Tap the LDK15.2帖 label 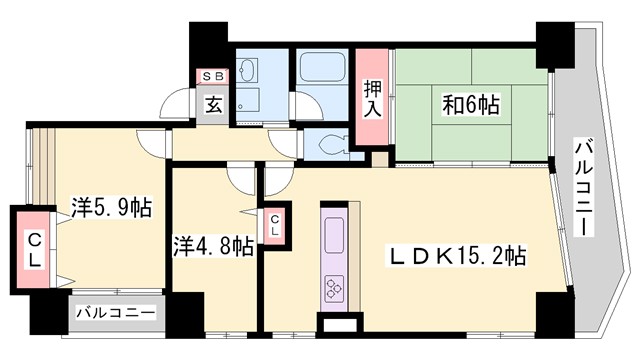point(457,256)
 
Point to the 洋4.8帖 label point(212,246)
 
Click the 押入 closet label point(372,99)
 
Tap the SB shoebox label point(215,76)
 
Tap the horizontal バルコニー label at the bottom point(115,314)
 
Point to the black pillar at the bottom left point(45,314)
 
